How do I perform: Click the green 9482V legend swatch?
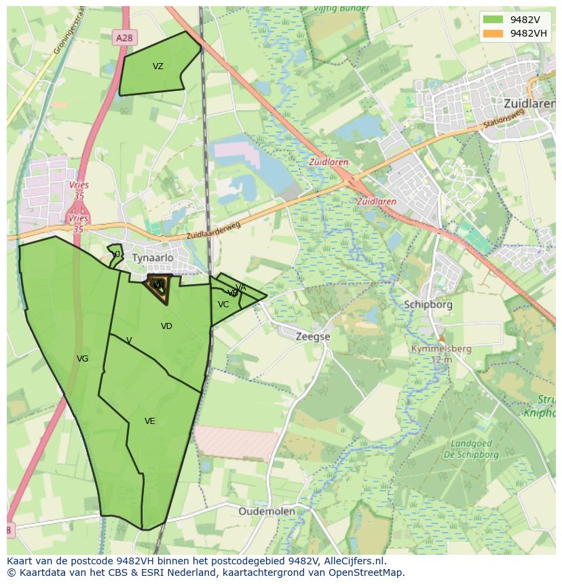pos(493,20)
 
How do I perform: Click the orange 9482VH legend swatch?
pos(493,33)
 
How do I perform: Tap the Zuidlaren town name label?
pos(529,103)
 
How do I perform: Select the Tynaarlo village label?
pos(153,258)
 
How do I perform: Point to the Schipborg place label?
pos(428,305)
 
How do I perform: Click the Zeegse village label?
pos(313,336)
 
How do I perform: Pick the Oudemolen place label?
pos(267,511)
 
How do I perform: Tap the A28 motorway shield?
pos(124,39)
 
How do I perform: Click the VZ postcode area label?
pos(158,66)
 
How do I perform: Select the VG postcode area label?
pos(82,359)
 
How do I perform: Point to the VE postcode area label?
pos(150,421)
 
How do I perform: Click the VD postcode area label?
pos(166,326)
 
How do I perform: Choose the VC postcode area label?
pos(223,305)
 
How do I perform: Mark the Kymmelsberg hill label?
pos(441,349)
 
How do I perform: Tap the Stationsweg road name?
pos(504,124)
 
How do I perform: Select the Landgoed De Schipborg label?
pos(475,449)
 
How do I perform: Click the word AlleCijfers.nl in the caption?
pos(352,561)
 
